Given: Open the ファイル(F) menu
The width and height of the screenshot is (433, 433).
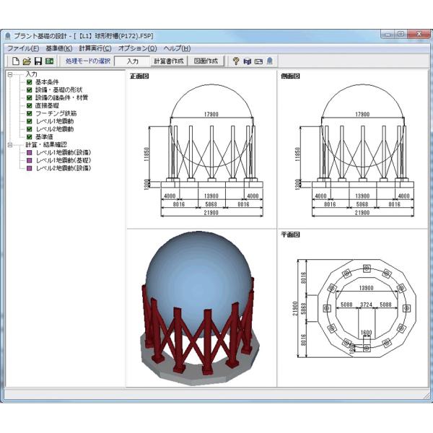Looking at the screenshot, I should click(x=22, y=48).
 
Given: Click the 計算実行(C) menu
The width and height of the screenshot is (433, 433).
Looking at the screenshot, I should click(x=95, y=48).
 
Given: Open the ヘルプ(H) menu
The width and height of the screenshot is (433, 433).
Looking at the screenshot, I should click(x=177, y=48).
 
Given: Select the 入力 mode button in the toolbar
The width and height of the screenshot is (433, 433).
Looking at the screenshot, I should click(x=131, y=61).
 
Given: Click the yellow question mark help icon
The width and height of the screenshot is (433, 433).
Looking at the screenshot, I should click(x=235, y=61).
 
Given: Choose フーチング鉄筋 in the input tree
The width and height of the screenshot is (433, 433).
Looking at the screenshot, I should click(x=59, y=113).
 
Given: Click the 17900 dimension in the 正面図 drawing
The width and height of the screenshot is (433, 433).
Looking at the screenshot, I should click(x=211, y=113).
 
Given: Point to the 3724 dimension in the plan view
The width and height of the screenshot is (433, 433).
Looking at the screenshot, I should click(x=367, y=304).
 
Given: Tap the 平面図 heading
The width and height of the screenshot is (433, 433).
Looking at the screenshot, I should click(x=289, y=235).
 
